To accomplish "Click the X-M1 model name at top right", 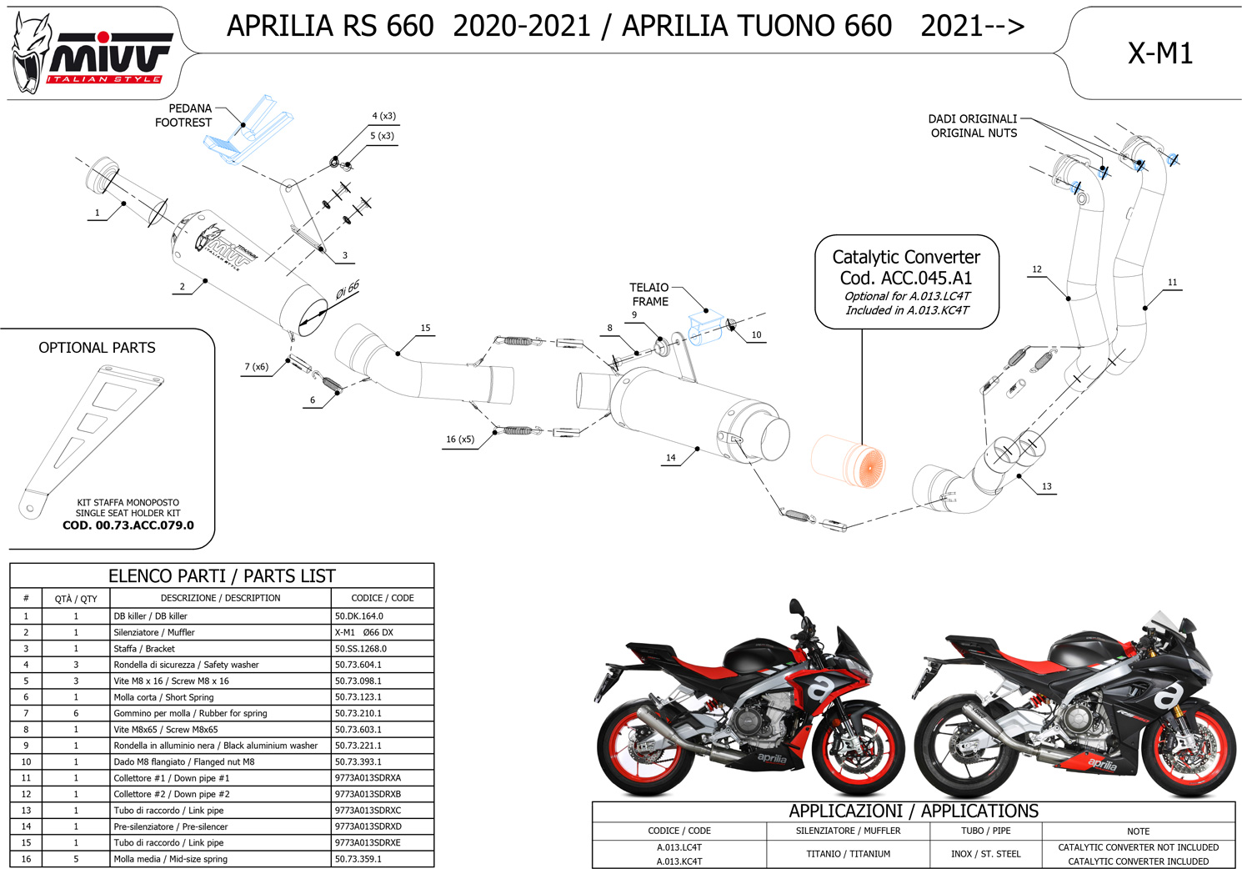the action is coord(1160,53).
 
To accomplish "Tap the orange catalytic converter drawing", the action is coord(848,461).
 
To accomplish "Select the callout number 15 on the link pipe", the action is coord(425,328).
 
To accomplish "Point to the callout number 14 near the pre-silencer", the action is coord(671,458).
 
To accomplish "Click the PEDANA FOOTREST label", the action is coord(183,115).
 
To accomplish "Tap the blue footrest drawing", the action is coord(248,130).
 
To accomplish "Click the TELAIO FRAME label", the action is coord(649,294).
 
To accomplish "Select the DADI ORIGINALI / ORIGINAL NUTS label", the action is coord(973,126).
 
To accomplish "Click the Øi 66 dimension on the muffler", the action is coord(348,289).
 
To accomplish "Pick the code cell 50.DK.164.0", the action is coord(358,616).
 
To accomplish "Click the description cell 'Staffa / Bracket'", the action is coord(144,649).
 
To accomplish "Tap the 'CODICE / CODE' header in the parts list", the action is coord(383,598).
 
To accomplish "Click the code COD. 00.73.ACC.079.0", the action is coord(128,525).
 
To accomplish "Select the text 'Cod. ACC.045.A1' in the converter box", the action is coord(906,278).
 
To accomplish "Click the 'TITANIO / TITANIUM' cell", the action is coord(849,854).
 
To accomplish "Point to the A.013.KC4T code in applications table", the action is coord(679,861).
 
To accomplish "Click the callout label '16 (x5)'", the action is coord(460,439).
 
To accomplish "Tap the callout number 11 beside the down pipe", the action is coord(1172,282).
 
